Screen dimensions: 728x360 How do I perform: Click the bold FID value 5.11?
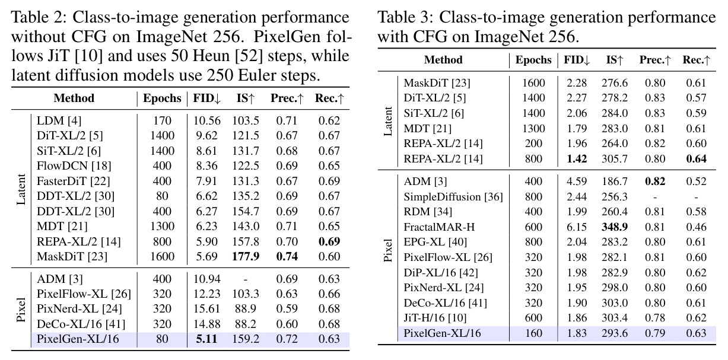pos(206,339)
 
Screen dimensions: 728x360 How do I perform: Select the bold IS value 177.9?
pos(246,257)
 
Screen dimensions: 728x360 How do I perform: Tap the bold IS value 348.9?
pos(614,227)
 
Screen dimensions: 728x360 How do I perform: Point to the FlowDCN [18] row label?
pos(74,166)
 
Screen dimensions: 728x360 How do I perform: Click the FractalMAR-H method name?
pos(439,227)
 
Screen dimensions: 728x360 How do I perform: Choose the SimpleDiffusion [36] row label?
pos(453,197)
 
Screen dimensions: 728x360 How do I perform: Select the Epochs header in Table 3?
pos(533,60)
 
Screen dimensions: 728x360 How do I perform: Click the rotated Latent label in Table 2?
pos(21,189)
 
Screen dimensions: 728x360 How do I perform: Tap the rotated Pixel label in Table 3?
pos(388,250)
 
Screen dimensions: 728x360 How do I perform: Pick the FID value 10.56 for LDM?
pos(206,121)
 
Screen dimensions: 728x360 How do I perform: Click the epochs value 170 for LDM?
pos(162,121)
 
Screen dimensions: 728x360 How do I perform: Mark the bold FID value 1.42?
pos(577,159)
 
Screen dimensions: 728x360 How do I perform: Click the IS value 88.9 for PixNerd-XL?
pos(246,308)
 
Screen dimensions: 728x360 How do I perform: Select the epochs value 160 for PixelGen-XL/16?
pos(533,333)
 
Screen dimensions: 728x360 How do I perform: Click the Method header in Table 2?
pos(74,98)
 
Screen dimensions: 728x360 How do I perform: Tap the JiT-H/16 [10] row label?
pos(435,318)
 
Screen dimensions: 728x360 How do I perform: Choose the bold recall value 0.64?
pos(696,159)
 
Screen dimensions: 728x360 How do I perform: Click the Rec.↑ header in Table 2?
pos(329,98)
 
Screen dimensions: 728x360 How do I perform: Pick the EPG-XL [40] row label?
pos(435,242)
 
